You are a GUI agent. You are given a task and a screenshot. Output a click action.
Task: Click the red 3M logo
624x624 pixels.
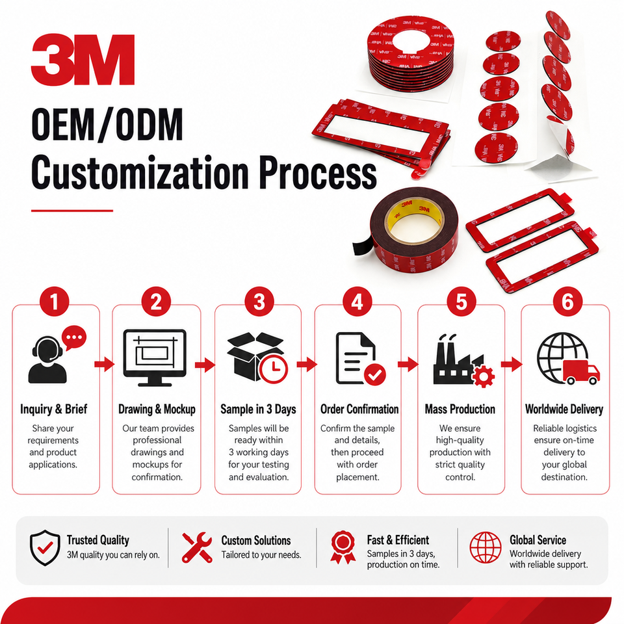click(x=83, y=60)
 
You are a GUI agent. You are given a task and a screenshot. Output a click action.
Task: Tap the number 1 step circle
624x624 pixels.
click(x=55, y=302)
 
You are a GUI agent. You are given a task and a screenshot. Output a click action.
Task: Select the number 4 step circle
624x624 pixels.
click(x=357, y=302)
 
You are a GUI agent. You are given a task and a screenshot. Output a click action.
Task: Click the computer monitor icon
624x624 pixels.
click(x=155, y=357)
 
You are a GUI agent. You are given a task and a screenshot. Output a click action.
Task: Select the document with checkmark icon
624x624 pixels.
click(x=360, y=359)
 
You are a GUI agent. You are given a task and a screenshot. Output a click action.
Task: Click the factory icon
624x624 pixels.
click(x=463, y=360)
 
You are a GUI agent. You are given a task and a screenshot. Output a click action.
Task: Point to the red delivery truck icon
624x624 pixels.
click(x=581, y=372)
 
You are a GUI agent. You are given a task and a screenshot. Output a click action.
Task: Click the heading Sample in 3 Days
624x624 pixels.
click(x=258, y=409)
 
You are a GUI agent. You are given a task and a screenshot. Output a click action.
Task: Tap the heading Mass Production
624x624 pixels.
click(x=460, y=409)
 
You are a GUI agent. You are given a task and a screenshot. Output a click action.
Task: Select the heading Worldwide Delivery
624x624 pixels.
click(x=564, y=409)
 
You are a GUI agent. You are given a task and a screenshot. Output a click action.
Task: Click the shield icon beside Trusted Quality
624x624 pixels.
click(x=45, y=547)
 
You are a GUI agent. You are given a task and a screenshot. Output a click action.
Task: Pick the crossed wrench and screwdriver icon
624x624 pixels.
click(x=197, y=547)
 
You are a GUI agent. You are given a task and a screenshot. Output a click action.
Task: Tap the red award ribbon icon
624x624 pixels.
click(x=343, y=547)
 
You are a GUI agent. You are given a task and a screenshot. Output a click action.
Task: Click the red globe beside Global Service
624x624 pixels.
click(x=486, y=547)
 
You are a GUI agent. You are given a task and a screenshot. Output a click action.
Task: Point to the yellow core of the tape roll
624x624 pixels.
click(x=414, y=220)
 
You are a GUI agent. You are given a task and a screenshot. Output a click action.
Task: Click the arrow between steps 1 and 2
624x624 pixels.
click(x=104, y=364)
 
